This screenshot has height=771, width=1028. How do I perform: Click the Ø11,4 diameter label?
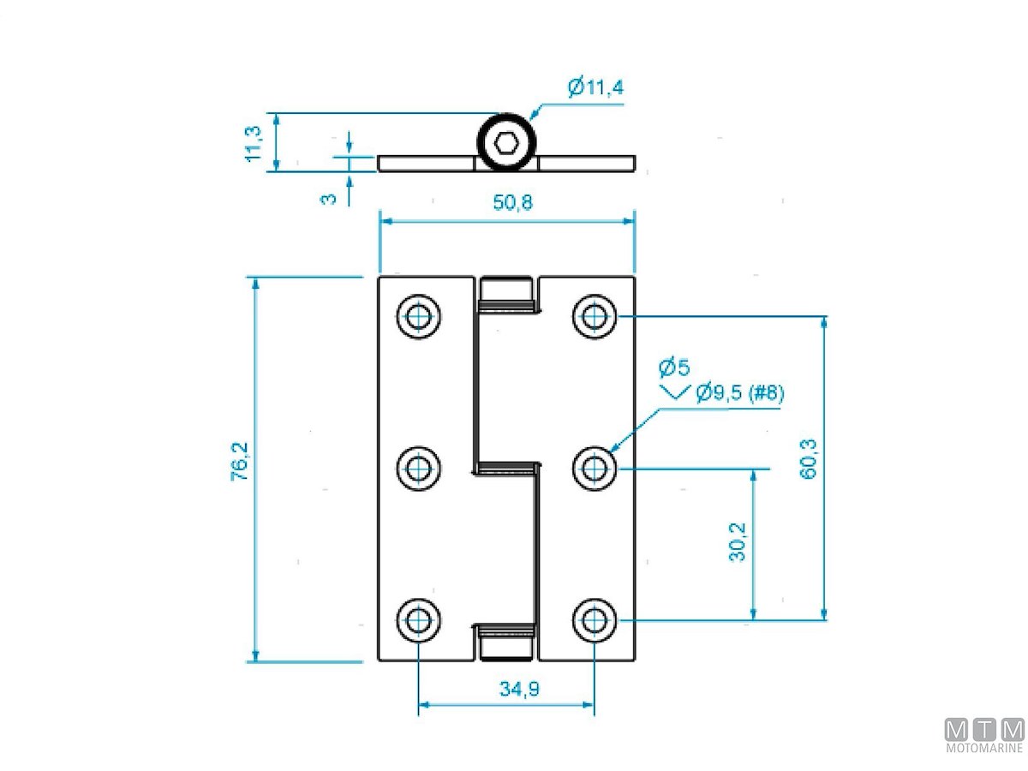coord(595,87)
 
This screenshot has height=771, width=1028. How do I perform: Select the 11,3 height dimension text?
coord(254,144)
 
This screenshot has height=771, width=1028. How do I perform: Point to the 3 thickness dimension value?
coord(328,199)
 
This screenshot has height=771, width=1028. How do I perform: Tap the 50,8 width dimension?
coord(512,203)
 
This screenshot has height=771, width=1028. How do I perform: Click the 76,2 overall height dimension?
coord(240,462)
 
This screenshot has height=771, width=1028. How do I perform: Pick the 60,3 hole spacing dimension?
coord(808,459)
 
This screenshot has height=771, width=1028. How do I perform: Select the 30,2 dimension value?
coord(737,541)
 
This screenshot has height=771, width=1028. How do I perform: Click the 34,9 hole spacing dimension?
coord(519,689)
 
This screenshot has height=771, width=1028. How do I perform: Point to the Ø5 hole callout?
coord(674,368)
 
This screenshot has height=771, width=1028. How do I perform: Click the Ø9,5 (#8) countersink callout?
coord(739,392)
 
